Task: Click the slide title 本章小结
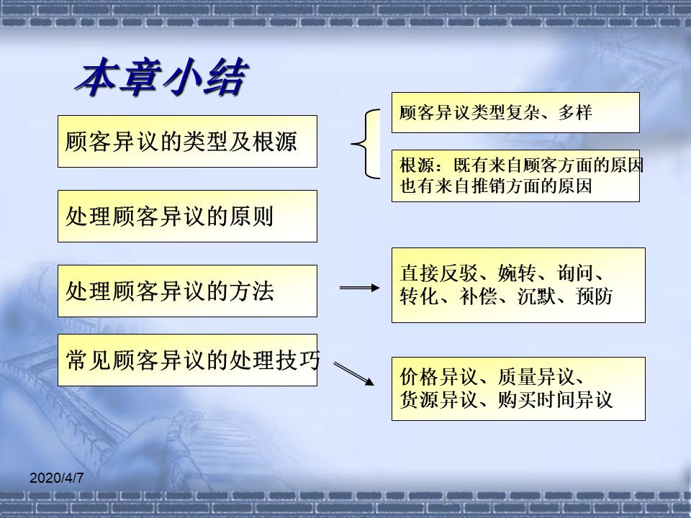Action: click(x=162, y=77)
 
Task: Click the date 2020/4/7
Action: click(x=56, y=478)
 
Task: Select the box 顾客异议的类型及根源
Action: click(x=187, y=142)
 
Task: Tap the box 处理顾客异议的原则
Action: click(x=187, y=217)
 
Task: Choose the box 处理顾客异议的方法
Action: click(x=187, y=291)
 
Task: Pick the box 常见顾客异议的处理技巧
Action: click(x=187, y=360)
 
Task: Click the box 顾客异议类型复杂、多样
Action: click(x=515, y=113)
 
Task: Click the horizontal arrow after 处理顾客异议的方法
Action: click(x=360, y=288)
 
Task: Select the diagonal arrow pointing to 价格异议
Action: click(x=354, y=374)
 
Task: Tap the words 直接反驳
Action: click(x=439, y=273)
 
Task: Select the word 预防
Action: click(x=595, y=296)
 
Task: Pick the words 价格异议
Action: click(x=439, y=377)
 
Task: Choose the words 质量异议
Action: click(x=537, y=377)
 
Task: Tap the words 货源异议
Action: click(x=439, y=400)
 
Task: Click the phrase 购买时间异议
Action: click(x=556, y=400)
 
